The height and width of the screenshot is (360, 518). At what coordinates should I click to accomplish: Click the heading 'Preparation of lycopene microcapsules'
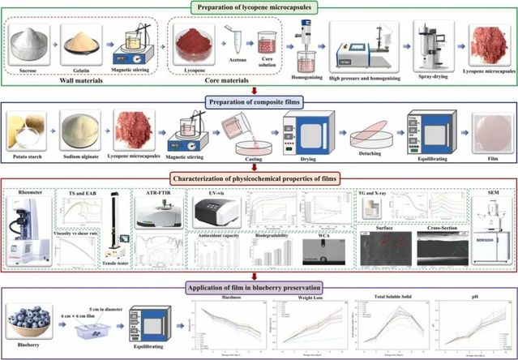[x=258, y=9]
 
